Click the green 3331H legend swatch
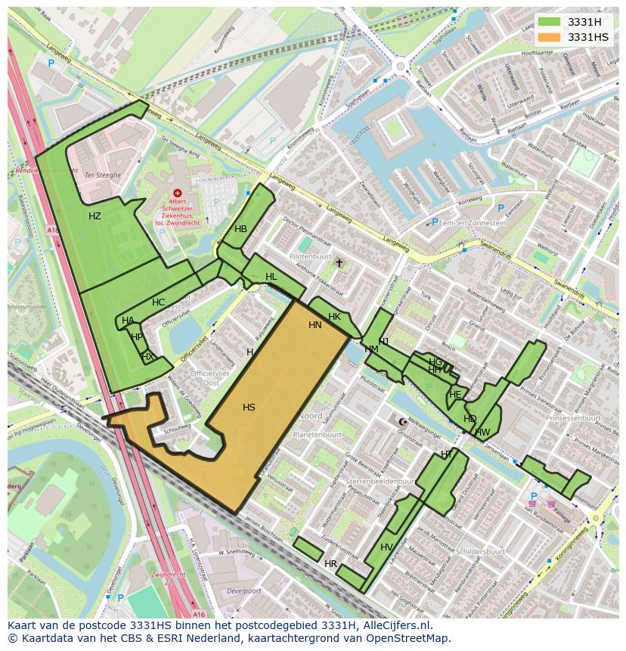coord(549,22)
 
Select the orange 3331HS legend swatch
coord(549,37)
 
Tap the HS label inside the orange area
coord(249,408)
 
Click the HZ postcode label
coord(95,216)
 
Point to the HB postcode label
coord(240,229)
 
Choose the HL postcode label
coord(271,277)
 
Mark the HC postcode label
coord(158,302)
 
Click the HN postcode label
coord(315,325)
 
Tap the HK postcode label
coord(334,317)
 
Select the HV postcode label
coord(386,547)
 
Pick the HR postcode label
coord(330,564)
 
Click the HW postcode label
coord(482,432)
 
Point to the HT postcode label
coord(447,454)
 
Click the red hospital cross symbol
coord(178,194)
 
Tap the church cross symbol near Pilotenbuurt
coord(339,263)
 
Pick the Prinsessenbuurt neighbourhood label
coord(572,417)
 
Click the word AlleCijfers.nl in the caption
coord(395,625)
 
